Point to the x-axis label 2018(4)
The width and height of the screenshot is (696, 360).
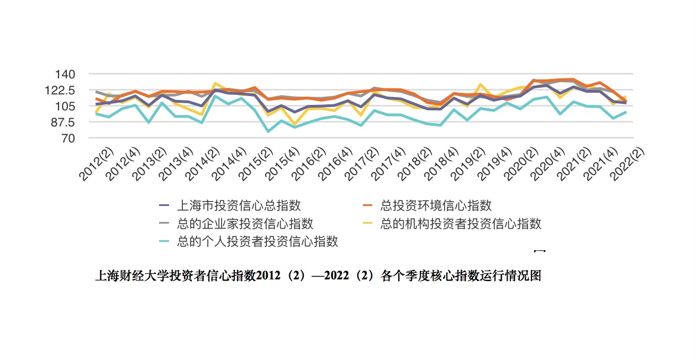439,165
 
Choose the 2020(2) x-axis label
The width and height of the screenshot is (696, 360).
519,165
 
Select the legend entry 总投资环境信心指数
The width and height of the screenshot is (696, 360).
436,206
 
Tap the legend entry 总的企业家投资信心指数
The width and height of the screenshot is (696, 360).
245,224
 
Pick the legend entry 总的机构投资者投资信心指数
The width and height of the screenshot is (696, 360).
461,224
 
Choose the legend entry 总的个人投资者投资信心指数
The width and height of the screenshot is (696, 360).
257,241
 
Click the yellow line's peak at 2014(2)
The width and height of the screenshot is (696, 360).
215,83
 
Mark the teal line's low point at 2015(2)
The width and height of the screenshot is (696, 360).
268,131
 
